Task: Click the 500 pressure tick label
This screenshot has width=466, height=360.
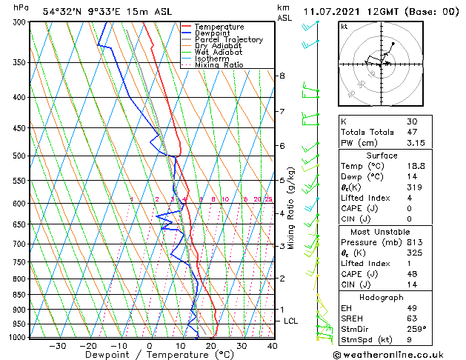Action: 20,156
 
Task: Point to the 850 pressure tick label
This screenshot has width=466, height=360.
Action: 20,295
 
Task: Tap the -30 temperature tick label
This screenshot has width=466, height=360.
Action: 57,345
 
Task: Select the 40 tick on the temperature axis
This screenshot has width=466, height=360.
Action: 273,345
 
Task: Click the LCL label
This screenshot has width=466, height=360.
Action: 290,321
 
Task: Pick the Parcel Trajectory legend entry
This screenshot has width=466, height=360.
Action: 228,39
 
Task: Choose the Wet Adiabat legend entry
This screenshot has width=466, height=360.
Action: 219,52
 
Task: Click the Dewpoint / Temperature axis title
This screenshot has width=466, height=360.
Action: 149,355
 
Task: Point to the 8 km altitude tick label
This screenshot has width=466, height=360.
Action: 282,76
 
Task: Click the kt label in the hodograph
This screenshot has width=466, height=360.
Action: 344,27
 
